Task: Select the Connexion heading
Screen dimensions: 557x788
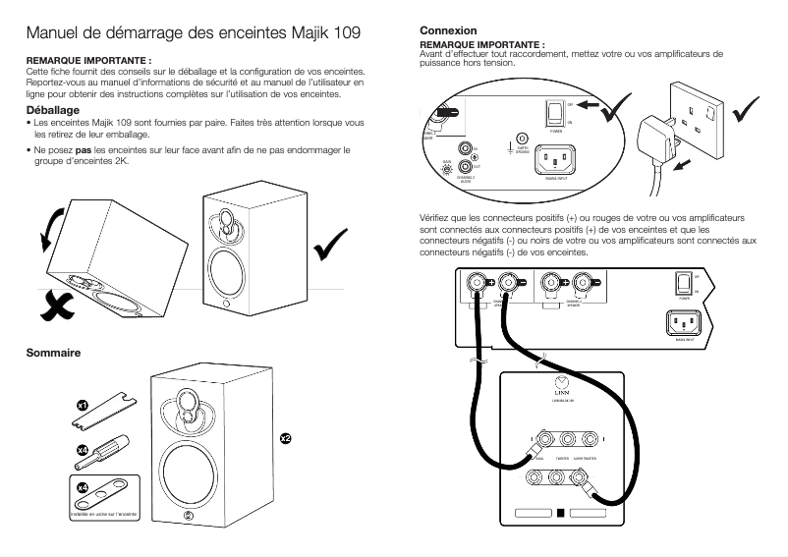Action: pyautogui.click(x=448, y=31)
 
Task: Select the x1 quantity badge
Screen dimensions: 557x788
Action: pyautogui.click(x=84, y=405)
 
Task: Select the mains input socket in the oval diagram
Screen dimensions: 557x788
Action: pyautogui.click(x=556, y=154)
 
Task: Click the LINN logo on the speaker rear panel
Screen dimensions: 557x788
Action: pyautogui.click(x=560, y=386)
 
